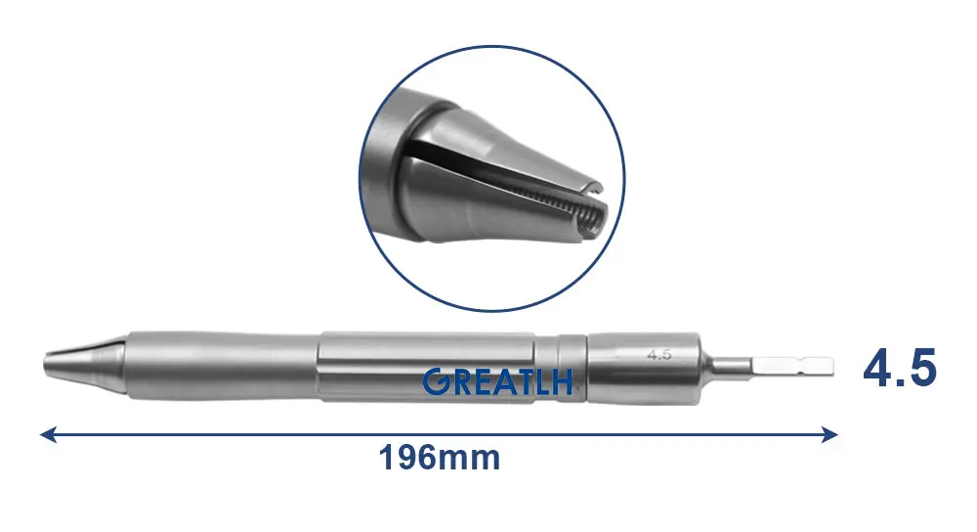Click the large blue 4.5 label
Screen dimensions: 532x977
[900, 370]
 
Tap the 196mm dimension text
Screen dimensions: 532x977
[439, 457]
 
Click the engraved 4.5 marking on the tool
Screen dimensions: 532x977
[658, 354]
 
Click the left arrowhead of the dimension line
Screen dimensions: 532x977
[47, 433]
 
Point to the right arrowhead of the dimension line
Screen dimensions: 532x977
[831, 433]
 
